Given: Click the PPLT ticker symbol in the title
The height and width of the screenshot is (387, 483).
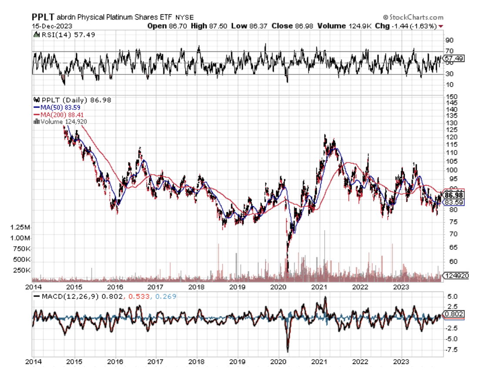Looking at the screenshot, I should (x=43, y=17).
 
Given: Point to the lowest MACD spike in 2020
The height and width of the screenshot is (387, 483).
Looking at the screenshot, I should (x=288, y=351).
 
